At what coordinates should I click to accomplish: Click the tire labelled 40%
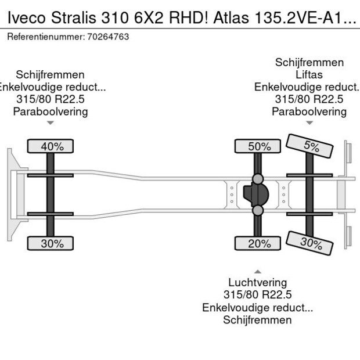pos(52,146)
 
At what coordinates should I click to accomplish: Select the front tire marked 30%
pos(52,244)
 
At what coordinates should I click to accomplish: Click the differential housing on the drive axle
pos(256,194)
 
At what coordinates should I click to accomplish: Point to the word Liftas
pos(309,74)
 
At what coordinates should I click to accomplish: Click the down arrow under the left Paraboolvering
pos(51,123)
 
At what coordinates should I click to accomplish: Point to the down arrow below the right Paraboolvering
pos(309,123)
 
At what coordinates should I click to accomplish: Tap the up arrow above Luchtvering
pos(257,271)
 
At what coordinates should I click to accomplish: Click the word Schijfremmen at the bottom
pos(257,320)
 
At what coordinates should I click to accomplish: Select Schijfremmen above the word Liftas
pos(309,62)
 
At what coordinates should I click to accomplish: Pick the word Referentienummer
pos(43,37)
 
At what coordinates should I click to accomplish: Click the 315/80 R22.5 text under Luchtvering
pos(257,295)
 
